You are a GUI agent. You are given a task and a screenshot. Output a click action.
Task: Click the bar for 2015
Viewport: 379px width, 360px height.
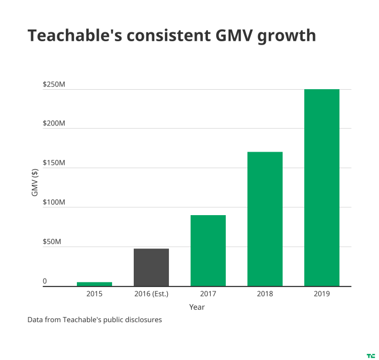click(94, 284)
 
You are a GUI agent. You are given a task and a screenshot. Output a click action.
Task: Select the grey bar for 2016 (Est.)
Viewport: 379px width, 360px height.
click(151, 267)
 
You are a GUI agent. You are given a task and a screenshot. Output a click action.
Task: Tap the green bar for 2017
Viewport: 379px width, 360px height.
click(208, 250)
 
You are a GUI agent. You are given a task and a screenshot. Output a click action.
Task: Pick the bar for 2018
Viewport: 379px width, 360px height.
click(265, 219)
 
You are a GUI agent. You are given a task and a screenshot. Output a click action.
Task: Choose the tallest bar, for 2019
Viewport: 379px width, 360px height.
click(322, 187)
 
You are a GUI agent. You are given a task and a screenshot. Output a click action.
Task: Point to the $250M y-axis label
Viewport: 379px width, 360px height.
click(54, 85)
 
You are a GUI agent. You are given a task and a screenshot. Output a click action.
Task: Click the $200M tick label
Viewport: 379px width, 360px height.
click(54, 124)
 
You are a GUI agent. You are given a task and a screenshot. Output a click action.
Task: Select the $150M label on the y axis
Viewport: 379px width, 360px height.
click(54, 163)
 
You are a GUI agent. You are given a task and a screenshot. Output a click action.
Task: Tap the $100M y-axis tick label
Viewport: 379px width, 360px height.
click(54, 203)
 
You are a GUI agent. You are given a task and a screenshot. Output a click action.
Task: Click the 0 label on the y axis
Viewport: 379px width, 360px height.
click(45, 281)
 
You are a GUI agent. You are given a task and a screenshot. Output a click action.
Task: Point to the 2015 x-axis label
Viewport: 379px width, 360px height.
click(94, 294)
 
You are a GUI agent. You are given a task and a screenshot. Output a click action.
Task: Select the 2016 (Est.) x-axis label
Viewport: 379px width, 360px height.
click(151, 294)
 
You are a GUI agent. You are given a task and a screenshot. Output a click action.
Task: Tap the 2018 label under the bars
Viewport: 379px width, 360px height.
click(265, 294)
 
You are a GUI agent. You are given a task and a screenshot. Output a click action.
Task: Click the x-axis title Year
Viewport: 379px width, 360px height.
click(197, 307)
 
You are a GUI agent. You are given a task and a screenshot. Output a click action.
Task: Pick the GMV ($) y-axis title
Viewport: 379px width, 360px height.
click(35, 182)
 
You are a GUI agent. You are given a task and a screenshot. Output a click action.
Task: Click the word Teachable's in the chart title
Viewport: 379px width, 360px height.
click(71, 36)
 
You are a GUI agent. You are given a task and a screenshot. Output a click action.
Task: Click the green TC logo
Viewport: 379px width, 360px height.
click(371, 355)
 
